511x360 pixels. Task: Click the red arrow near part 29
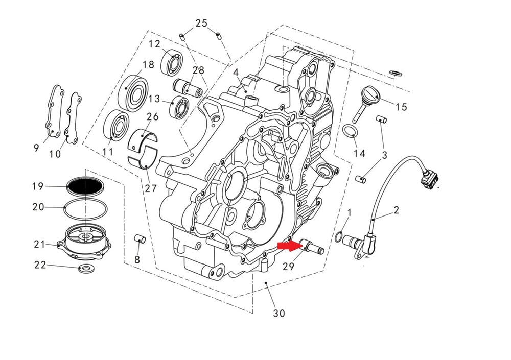coord(288,246)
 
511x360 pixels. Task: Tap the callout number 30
coord(279,313)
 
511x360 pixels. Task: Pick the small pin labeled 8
coord(140,238)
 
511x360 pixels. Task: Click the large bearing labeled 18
coord(136,94)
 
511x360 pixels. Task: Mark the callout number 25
coord(201,23)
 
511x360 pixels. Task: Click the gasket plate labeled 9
coord(53,113)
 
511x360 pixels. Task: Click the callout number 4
coord(236,73)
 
